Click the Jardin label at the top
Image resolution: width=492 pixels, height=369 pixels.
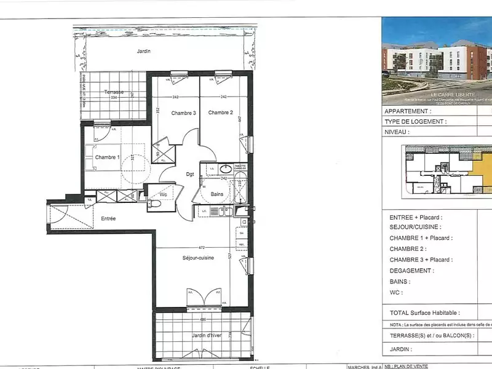pos(144,52)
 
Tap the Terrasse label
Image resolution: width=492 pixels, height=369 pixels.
pos(114,92)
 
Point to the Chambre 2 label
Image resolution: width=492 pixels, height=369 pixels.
pos(220,113)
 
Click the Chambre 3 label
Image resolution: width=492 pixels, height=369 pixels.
pos(183,113)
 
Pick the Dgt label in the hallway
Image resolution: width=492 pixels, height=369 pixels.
pos(191,174)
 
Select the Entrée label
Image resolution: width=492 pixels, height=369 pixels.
pos(108,218)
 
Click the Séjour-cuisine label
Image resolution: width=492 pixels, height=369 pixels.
pos(197,258)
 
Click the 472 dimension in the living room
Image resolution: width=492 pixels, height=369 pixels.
pos(201,247)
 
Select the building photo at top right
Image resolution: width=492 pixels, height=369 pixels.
pos(437,60)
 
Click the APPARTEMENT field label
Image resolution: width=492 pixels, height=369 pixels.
pos(406,111)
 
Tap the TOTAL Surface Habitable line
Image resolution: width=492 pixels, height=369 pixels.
pos(425,313)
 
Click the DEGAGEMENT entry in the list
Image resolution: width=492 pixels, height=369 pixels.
pos(411,270)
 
